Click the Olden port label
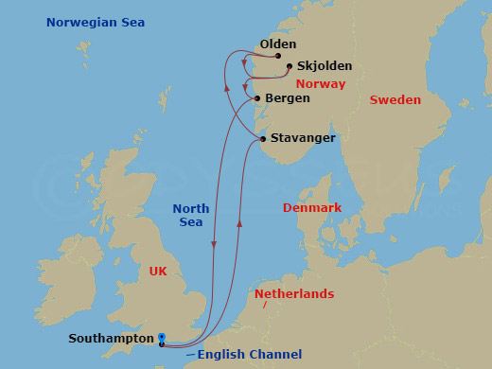277,44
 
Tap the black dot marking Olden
278,56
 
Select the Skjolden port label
324,66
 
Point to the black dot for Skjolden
290,66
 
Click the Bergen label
288,97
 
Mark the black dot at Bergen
257,97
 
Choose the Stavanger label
303,138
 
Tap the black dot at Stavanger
263,140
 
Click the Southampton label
111,338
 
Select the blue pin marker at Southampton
162,337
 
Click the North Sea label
190,215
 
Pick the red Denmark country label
312,207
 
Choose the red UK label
158,271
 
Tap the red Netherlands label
294,294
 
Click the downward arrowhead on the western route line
214,246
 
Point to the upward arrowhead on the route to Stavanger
239,225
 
